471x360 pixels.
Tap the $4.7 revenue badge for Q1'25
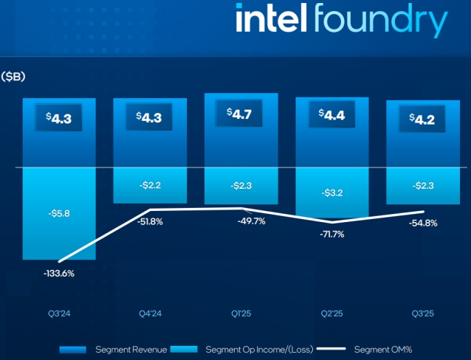pyautogui.click(x=241, y=115)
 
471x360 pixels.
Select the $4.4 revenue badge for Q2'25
pyautogui.click(x=331, y=115)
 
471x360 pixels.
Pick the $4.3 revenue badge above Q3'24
pyautogui.click(x=58, y=118)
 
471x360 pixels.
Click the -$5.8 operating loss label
pyautogui.click(x=58, y=213)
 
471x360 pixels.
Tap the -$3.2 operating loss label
pyautogui.click(x=331, y=193)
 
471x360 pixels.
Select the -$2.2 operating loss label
pyautogui.click(x=149, y=186)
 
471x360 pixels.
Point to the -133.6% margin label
pyautogui.click(x=58, y=273)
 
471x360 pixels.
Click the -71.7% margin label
pyautogui.click(x=331, y=234)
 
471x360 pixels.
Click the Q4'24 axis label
pyautogui.click(x=149, y=313)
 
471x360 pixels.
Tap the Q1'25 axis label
pyautogui.click(x=241, y=313)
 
